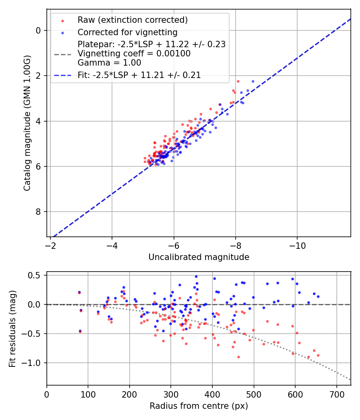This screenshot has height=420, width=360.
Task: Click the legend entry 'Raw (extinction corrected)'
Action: click(132, 20)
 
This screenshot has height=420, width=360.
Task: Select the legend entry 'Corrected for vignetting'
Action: click(127, 32)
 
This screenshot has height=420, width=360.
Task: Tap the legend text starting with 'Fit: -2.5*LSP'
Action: click(139, 75)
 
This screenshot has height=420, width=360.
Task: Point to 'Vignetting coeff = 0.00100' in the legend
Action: click(134, 54)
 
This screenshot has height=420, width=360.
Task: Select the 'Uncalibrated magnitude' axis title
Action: click(199, 257)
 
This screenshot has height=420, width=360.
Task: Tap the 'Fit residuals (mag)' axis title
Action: click(12, 328)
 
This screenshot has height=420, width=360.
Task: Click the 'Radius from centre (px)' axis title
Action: click(199, 406)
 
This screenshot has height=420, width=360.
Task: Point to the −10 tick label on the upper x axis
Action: click(297, 244)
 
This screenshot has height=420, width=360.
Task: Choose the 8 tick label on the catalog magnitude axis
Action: click(39, 212)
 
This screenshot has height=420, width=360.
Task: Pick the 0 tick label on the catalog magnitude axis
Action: click(39, 30)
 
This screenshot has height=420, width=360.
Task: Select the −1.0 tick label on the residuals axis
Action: click(33, 363)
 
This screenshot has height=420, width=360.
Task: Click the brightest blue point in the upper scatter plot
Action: click(253, 81)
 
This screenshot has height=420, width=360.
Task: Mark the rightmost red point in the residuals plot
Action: click(318, 355)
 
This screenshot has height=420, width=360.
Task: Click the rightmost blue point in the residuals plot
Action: click(318, 296)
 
